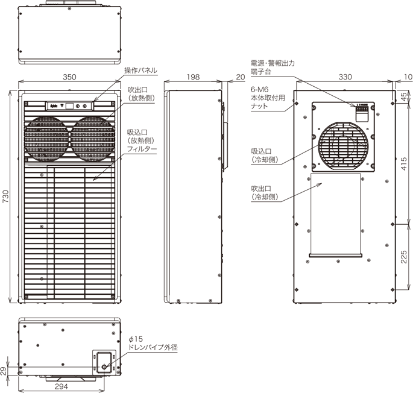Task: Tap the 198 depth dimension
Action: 194,78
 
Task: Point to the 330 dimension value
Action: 345,78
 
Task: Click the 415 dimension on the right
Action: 404,163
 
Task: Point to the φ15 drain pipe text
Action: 136,341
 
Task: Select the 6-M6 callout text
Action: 259,88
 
